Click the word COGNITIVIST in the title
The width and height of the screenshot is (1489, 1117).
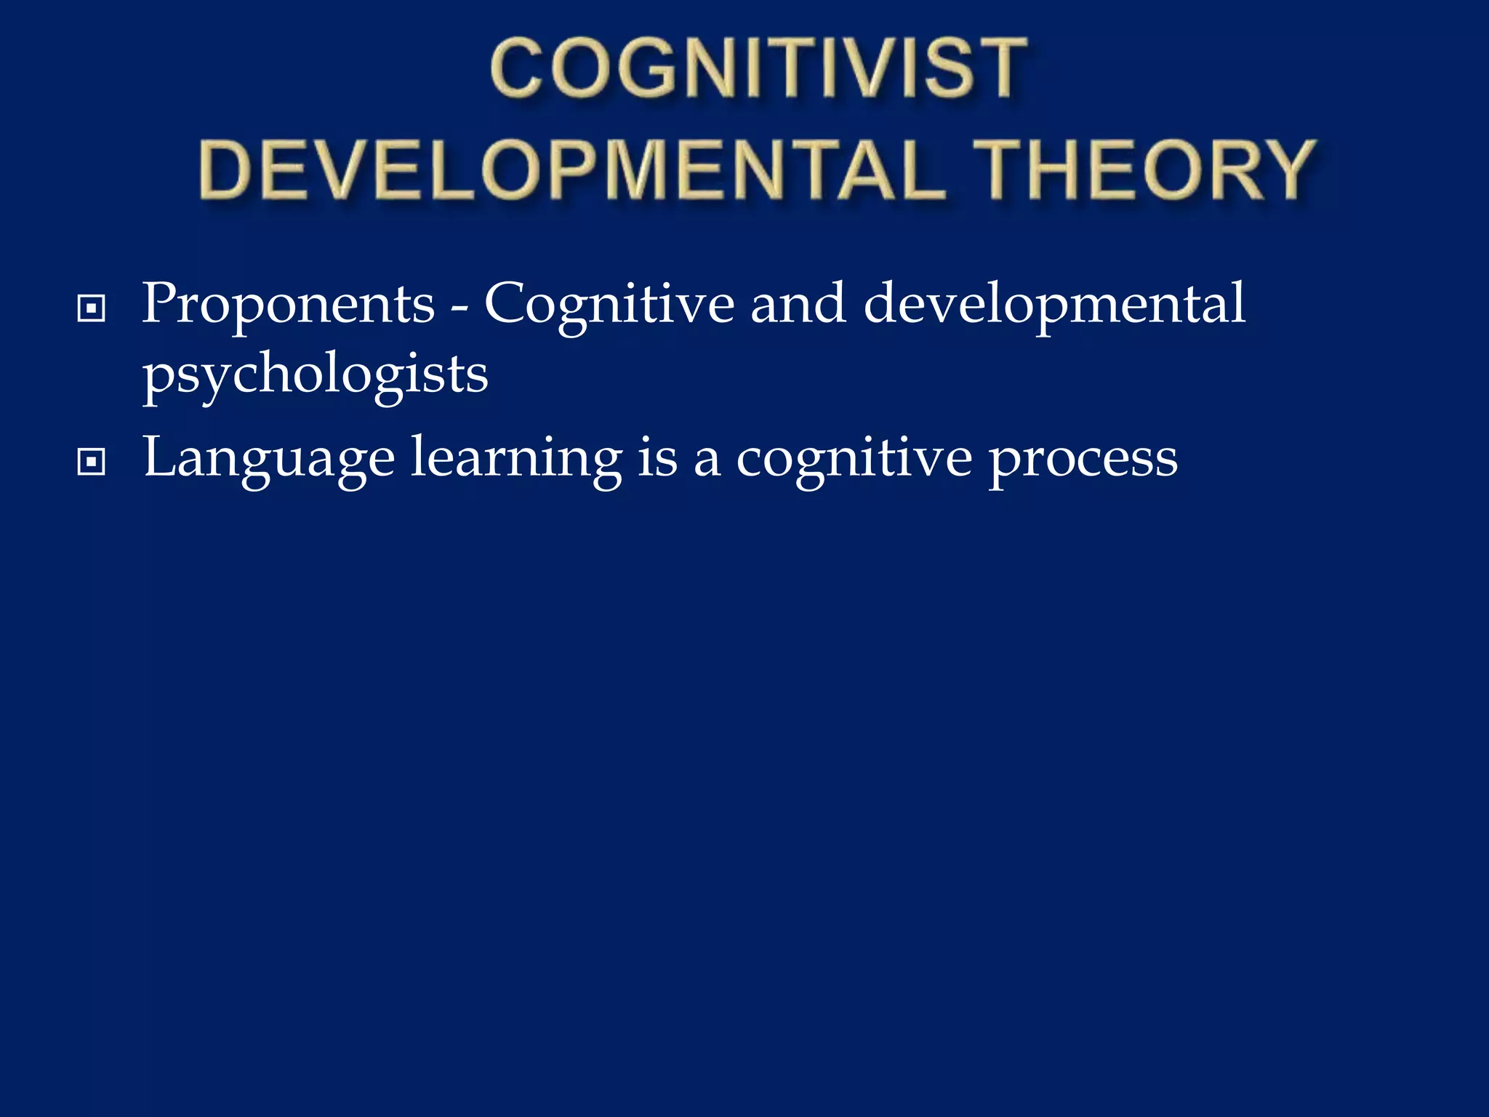[x=758, y=69]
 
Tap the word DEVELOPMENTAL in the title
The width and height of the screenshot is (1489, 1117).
[x=572, y=171]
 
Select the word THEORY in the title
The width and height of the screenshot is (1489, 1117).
[x=1144, y=171]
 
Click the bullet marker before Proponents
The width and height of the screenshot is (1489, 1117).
[x=91, y=308]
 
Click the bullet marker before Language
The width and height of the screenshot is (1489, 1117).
[x=91, y=462]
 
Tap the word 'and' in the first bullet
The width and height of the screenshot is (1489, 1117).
[x=798, y=304]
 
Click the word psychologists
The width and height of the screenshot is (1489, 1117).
[x=315, y=375]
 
